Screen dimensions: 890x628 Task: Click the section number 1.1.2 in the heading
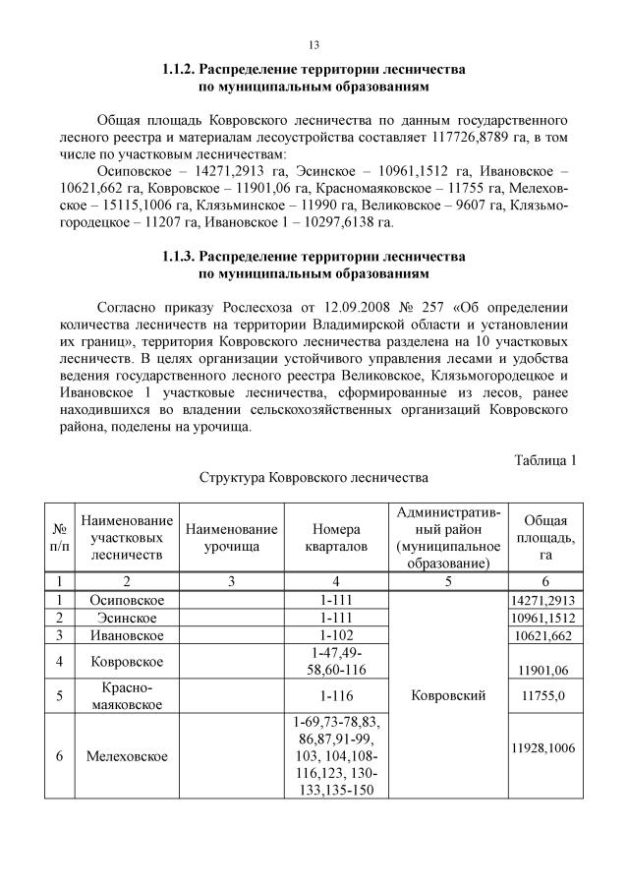(180, 72)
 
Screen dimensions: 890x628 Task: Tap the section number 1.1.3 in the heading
(180, 257)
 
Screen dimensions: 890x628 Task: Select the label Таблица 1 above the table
(545, 458)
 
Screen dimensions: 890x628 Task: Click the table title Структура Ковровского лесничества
(314, 478)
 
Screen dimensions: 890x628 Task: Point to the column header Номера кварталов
(336, 537)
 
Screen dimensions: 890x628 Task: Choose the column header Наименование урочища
(231, 537)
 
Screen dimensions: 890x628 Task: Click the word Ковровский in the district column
(448, 695)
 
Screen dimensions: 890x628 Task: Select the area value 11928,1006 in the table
(543, 748)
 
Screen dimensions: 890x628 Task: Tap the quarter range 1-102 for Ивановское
(336, 634)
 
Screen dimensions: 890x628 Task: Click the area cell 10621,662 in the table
(543, 635)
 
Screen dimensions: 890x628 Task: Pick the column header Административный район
(448, 537)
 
